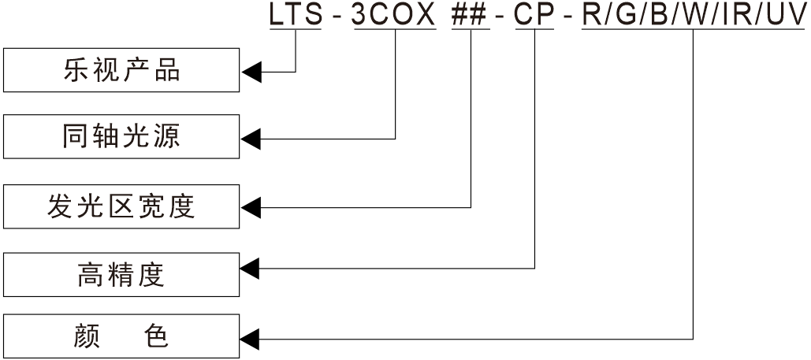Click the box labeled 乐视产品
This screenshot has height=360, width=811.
tap(121, 70)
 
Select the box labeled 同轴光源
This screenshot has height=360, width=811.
tap(121, 136)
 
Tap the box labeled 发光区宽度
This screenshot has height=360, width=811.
tap(121, 206)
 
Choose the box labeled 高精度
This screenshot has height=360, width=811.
tap(121, 274)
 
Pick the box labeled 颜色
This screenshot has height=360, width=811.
tap(121, 336)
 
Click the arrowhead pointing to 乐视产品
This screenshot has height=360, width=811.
tap(251, 72)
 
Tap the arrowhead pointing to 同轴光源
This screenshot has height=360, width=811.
tap(251, 139)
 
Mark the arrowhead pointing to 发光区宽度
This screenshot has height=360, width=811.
tap(251, 208)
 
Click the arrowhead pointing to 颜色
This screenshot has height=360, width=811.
tap(251, 339)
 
